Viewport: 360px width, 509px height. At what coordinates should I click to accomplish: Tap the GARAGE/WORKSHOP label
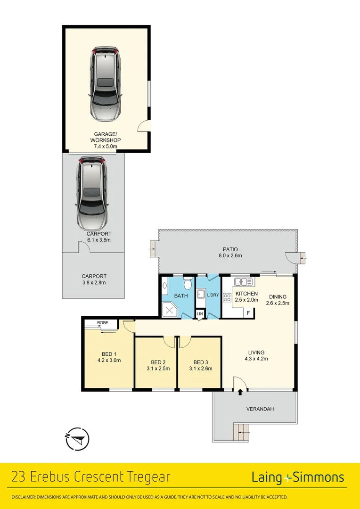(x=106, y=137)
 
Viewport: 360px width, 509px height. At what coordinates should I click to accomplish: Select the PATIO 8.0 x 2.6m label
(x=230, y=253)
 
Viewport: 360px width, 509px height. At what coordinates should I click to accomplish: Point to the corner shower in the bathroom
(x=169, y=309)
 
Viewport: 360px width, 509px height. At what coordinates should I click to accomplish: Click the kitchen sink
(x=244, y=282)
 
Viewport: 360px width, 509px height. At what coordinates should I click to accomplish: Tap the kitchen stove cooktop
(x=227, y=297)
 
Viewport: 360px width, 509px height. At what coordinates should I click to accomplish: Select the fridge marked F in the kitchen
(x=248, y=312)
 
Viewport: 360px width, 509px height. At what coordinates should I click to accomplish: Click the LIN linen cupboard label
(x=200, y=313)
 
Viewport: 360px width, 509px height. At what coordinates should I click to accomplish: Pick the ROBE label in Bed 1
(x=102, y=323)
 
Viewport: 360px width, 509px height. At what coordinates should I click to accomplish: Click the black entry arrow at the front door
(x=240, y=391)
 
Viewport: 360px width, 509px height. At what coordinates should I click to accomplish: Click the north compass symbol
(x=76, y=439)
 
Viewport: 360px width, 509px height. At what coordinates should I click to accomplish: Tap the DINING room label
(x=278, y=296)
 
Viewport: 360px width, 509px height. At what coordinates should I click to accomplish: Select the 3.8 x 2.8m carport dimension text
(x=93, y=283)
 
